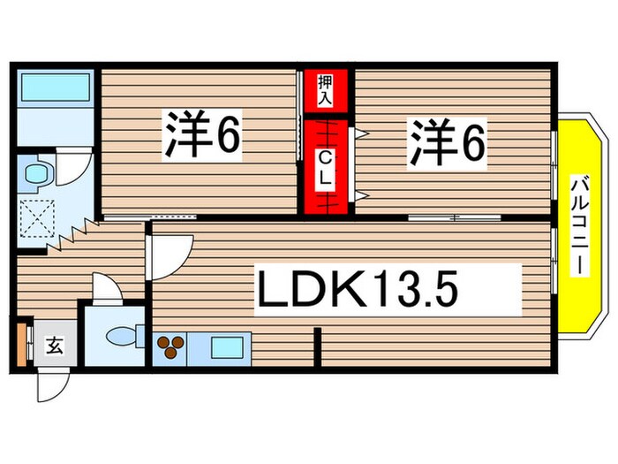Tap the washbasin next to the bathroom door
click(38, 171)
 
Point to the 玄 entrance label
click(55, 346)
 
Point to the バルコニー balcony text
click(580, 225)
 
